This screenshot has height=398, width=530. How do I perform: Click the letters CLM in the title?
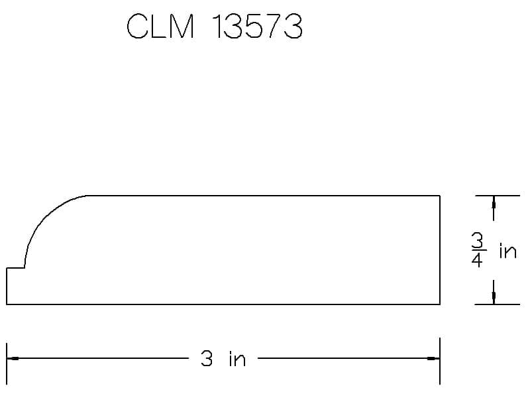(160, 26)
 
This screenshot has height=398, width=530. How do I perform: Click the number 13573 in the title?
(257, 26)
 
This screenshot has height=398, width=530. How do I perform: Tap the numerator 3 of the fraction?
(478, 240)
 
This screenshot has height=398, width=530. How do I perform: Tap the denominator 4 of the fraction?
(477, 259)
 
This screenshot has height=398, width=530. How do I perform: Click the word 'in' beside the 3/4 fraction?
(508, 251)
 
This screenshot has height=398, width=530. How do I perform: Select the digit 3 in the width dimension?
(207, 358)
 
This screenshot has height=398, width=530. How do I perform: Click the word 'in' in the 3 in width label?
(237, 358)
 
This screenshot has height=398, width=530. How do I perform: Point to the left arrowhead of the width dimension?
(13, 358)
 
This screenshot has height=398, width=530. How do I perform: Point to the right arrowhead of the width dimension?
(434, 358)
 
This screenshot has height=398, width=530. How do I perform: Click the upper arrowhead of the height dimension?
(494, 202)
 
